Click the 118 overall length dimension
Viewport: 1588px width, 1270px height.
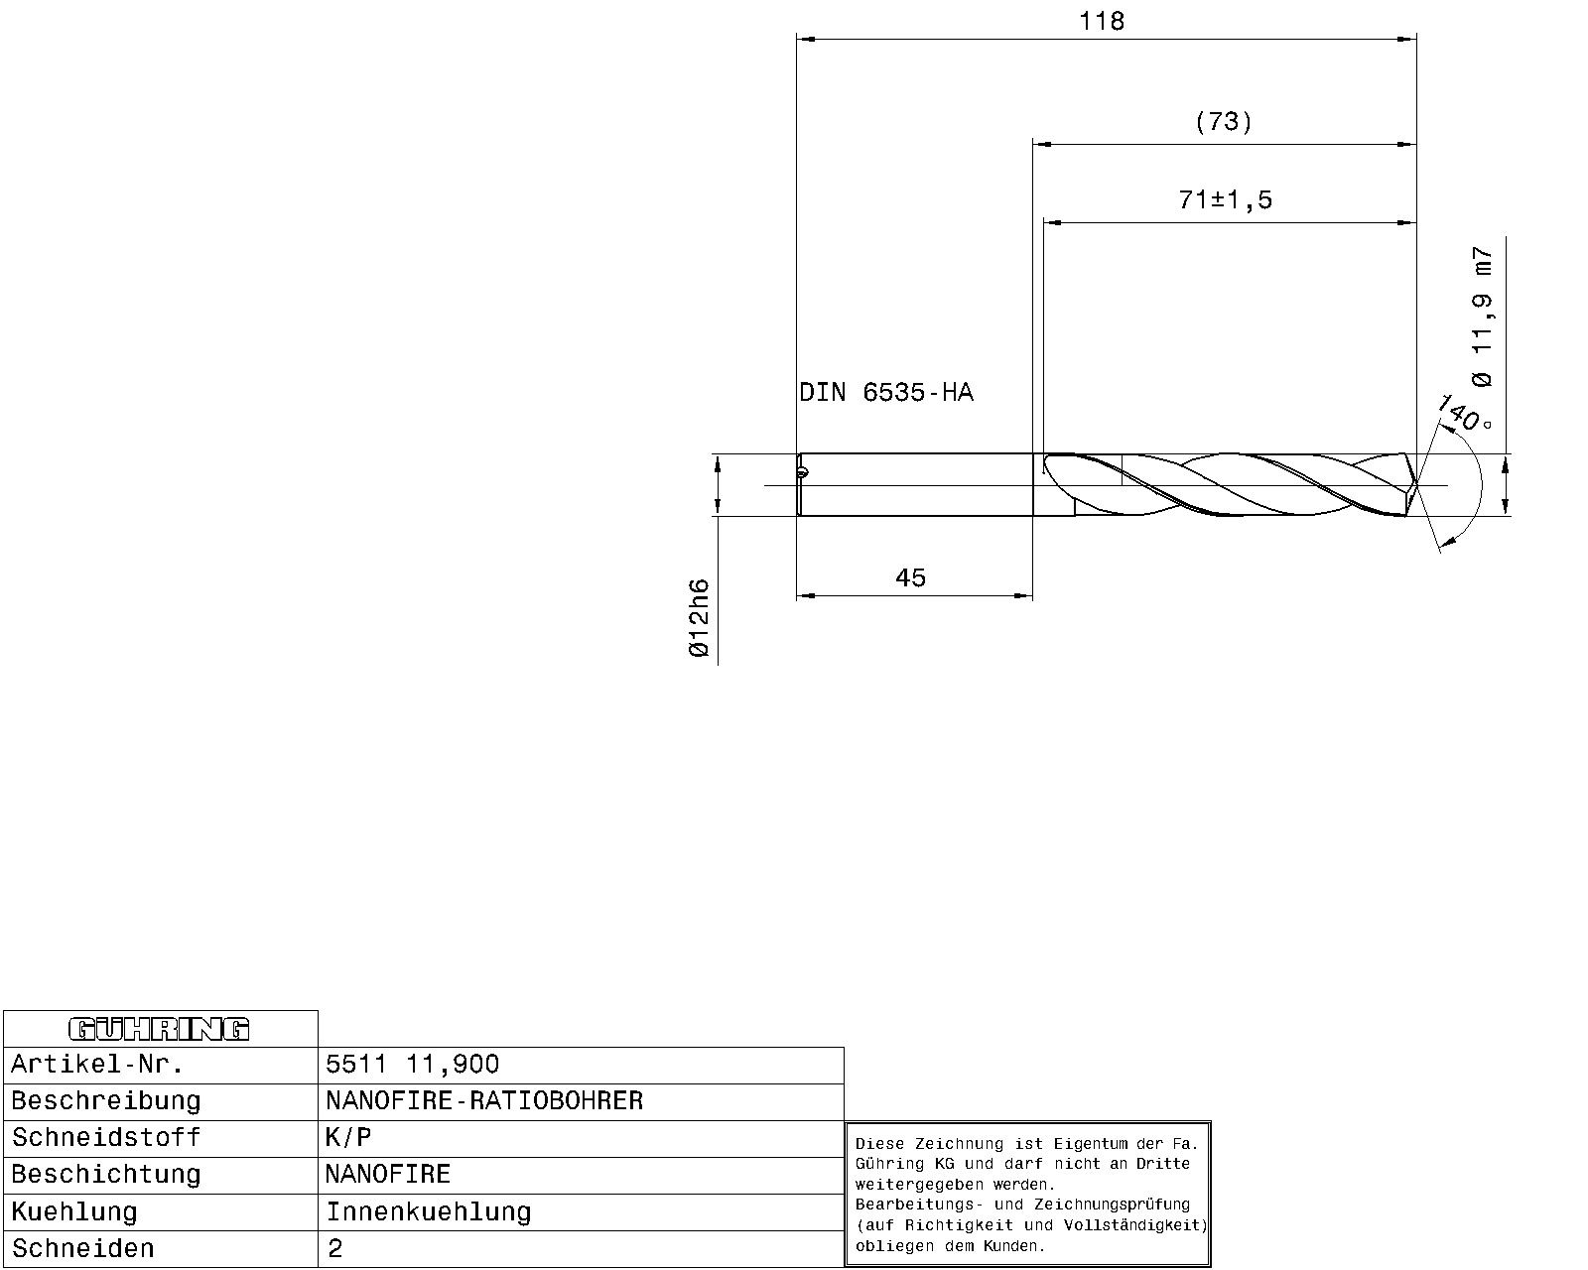click(1102, 21)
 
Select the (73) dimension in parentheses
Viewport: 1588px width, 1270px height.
click(1224, 122)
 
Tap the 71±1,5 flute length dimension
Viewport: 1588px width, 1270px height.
click(1225, 199)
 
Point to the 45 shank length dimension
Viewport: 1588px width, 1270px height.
click(910, 577)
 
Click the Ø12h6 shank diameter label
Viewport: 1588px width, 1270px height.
click(699, 618)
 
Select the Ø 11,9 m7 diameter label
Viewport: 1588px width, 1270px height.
click(1482, 317)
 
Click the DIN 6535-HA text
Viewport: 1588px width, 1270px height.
click(886, 393)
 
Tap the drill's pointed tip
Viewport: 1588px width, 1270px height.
click(1415, 485)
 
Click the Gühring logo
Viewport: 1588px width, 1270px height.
click(159, 1029)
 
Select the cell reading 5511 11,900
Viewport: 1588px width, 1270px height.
click(413, 1065)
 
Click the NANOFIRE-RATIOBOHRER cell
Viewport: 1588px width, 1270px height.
click(484, 1100)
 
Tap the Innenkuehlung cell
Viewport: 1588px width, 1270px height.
click(429, 1211)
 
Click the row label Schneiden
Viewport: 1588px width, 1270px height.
click(83, 1248)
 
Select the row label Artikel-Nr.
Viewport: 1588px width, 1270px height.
click(97, 1065)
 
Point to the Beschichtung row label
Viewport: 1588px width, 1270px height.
click(105, 1175)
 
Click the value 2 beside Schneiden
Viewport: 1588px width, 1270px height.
click(334, 1248)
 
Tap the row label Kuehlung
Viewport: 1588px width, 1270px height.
click(74, 1211)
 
